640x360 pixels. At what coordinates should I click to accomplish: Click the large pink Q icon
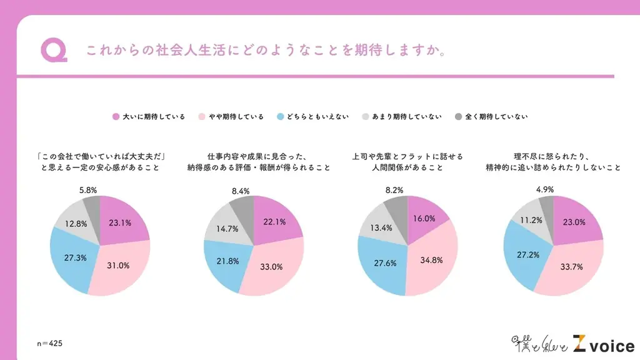click(x=52, y=51)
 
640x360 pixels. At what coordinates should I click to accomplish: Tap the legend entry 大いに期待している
click(x=149, y=117)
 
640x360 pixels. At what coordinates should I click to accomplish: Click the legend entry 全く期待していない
click(x=491, y=117)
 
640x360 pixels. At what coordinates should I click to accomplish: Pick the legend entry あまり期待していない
click(x=402, y=117)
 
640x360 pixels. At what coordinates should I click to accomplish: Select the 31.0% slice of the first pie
click(x=117, y=265)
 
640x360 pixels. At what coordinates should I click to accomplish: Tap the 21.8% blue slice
click(x=227, y=261)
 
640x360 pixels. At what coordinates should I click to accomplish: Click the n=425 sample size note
click(x=49, y=344)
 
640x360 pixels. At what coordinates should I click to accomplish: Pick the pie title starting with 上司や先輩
click(x=407, y=162)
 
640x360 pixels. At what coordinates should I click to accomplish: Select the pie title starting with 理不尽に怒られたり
click(x=552, y=162)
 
